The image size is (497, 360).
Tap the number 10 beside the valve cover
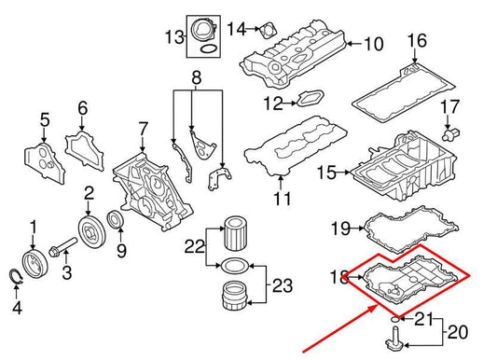[373, 43]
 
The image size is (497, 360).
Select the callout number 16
[416, 40]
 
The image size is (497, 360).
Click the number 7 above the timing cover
[143, 127]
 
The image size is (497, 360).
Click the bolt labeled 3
[62, 251]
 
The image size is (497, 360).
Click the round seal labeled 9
[117, 220]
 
